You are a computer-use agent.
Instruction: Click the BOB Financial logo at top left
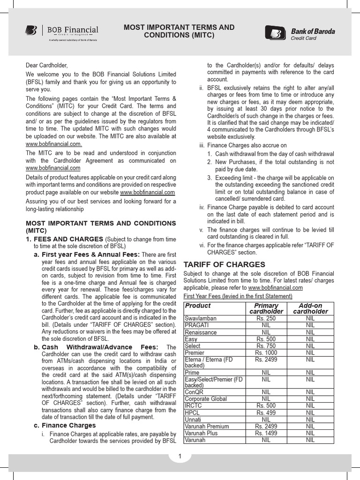(61, 31)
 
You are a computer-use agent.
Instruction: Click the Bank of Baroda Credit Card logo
(300, 33)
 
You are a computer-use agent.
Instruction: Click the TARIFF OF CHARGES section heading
(224, 264)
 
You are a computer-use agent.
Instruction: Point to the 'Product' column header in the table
(198, 306)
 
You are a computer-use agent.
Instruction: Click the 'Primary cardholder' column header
(266, 308)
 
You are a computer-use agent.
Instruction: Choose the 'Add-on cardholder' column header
(310, 308)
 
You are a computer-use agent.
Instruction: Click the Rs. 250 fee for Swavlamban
(266, 318)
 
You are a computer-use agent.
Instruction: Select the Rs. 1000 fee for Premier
(266, 352)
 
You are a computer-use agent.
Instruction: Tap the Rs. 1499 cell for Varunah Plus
(266, 434)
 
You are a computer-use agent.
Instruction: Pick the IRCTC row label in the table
(193, 406)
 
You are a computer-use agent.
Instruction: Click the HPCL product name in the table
(192, 413)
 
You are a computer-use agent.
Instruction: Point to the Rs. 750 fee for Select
(266, 346)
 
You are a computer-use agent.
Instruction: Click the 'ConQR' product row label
(194, 392)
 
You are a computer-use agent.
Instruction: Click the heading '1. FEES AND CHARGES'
(65, 239)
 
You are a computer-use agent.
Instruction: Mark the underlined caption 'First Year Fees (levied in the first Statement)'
(238, 296)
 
